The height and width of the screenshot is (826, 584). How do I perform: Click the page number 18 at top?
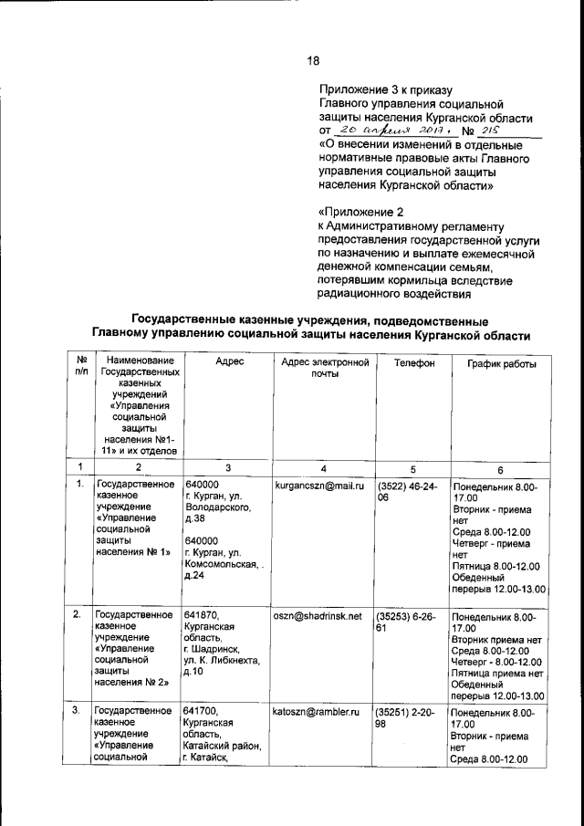click(312, 61)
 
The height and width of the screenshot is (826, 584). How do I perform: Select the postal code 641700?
click(202, 710)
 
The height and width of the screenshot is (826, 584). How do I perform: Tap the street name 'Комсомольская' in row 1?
click(220, 566)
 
